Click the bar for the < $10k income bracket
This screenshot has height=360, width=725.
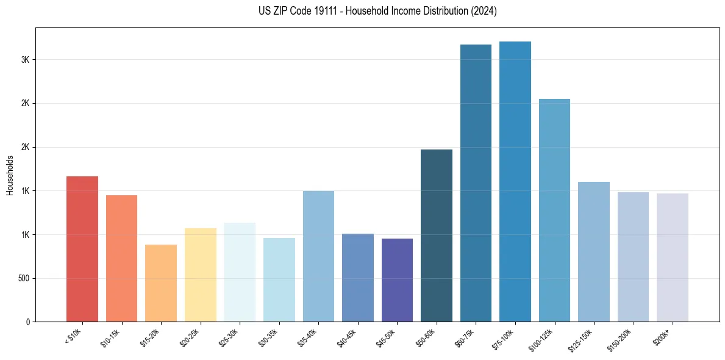82,249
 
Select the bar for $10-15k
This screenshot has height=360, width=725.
121,258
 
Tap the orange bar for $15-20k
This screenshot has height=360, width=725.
161,283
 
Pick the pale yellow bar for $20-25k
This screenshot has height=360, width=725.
200,275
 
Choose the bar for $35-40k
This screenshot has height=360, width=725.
318,256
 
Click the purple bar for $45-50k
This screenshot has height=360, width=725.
397,280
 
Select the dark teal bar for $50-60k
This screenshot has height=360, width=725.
437,236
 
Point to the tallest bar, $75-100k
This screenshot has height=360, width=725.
515,181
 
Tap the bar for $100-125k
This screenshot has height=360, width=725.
554,210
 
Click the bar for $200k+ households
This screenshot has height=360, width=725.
673,257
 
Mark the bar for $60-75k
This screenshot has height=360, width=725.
476,183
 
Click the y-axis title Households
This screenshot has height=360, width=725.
10,175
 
